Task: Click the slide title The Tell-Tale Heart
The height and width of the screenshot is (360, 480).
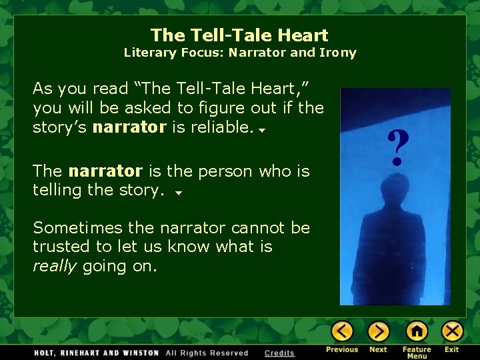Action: pyautogui.click(x=239, y=35)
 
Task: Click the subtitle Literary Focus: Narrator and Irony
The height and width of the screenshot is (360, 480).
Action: pyautogui.click(x=240, y=53)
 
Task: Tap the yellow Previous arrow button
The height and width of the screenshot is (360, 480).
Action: pyautogui.click(x=342, y=331)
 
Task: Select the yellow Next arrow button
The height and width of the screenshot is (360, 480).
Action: pyautogui.click(x=378, y=331)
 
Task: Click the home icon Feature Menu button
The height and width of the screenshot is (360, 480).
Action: pyautogui.click(x=417, y=331)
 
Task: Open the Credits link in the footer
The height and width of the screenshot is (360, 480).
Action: pyautogui.click(x=279, y=353)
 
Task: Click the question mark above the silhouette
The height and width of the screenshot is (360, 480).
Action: pyautogui.click(x=397, y=148)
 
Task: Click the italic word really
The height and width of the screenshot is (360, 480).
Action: pyautogui.click(x=56, y=266)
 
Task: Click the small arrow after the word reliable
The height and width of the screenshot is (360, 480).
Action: pyautogui.click(x=262, y=130)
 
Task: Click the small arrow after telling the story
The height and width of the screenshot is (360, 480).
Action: pyautogui.click(x=178, y=193)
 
